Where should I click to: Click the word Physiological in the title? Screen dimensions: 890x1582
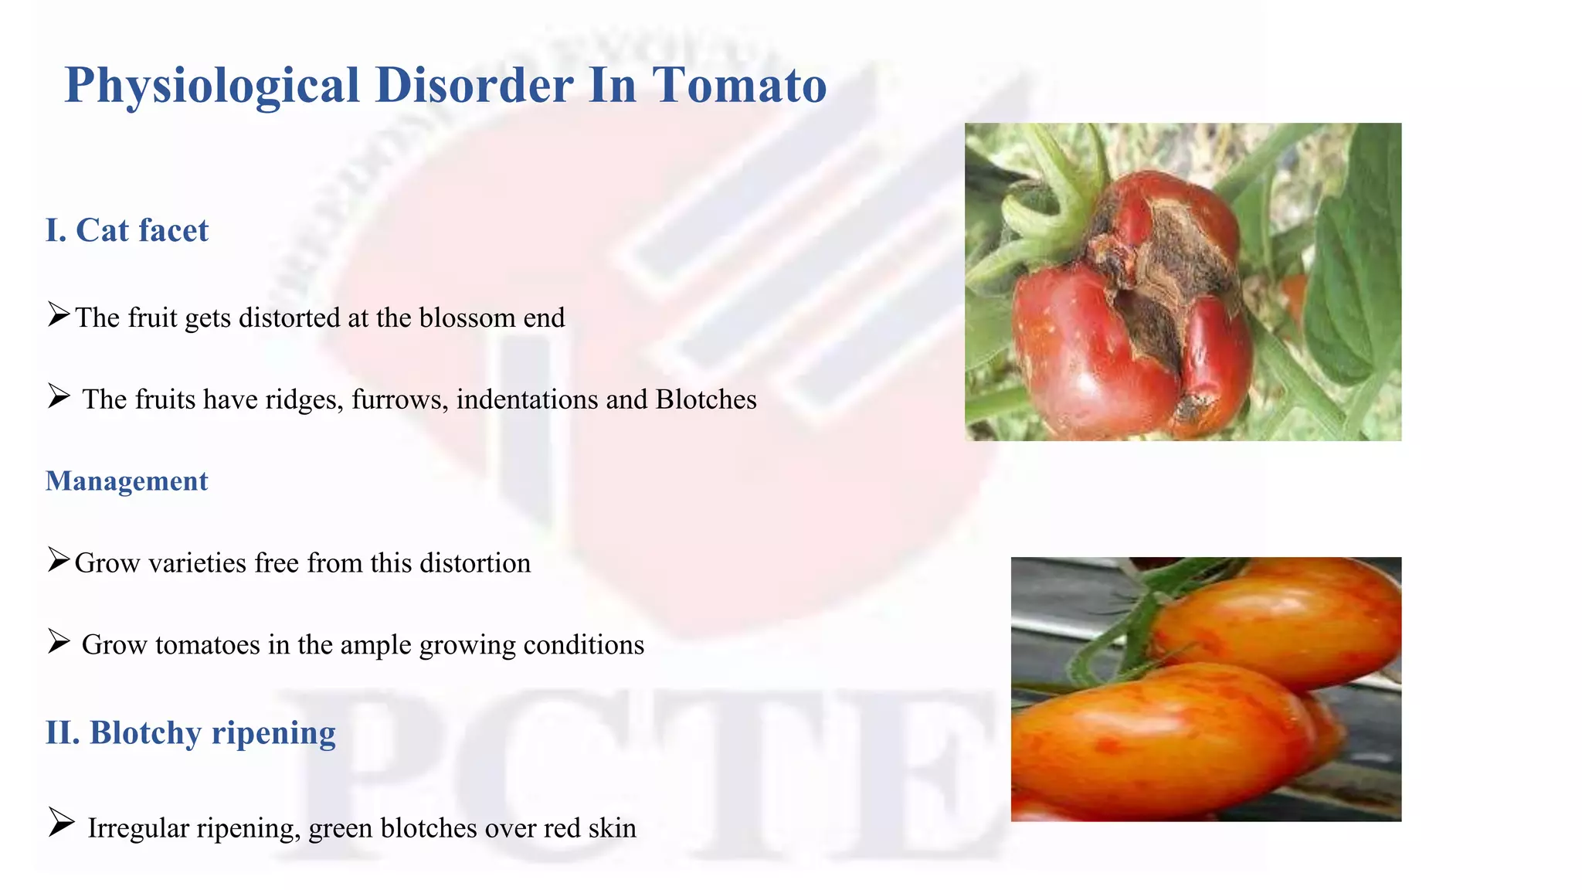tap(212, 85)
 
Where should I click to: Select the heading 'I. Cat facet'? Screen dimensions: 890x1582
tap(127, 230)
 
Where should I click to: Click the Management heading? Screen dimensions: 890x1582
tap(127, 481)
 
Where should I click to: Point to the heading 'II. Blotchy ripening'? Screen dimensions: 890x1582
tap(191, 732)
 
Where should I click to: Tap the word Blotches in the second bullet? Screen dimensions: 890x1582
tap(706, 399)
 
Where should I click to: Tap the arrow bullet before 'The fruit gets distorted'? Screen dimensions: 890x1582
tap(59, 314)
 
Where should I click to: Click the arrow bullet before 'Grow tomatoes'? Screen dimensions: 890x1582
tap(59, 641)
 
